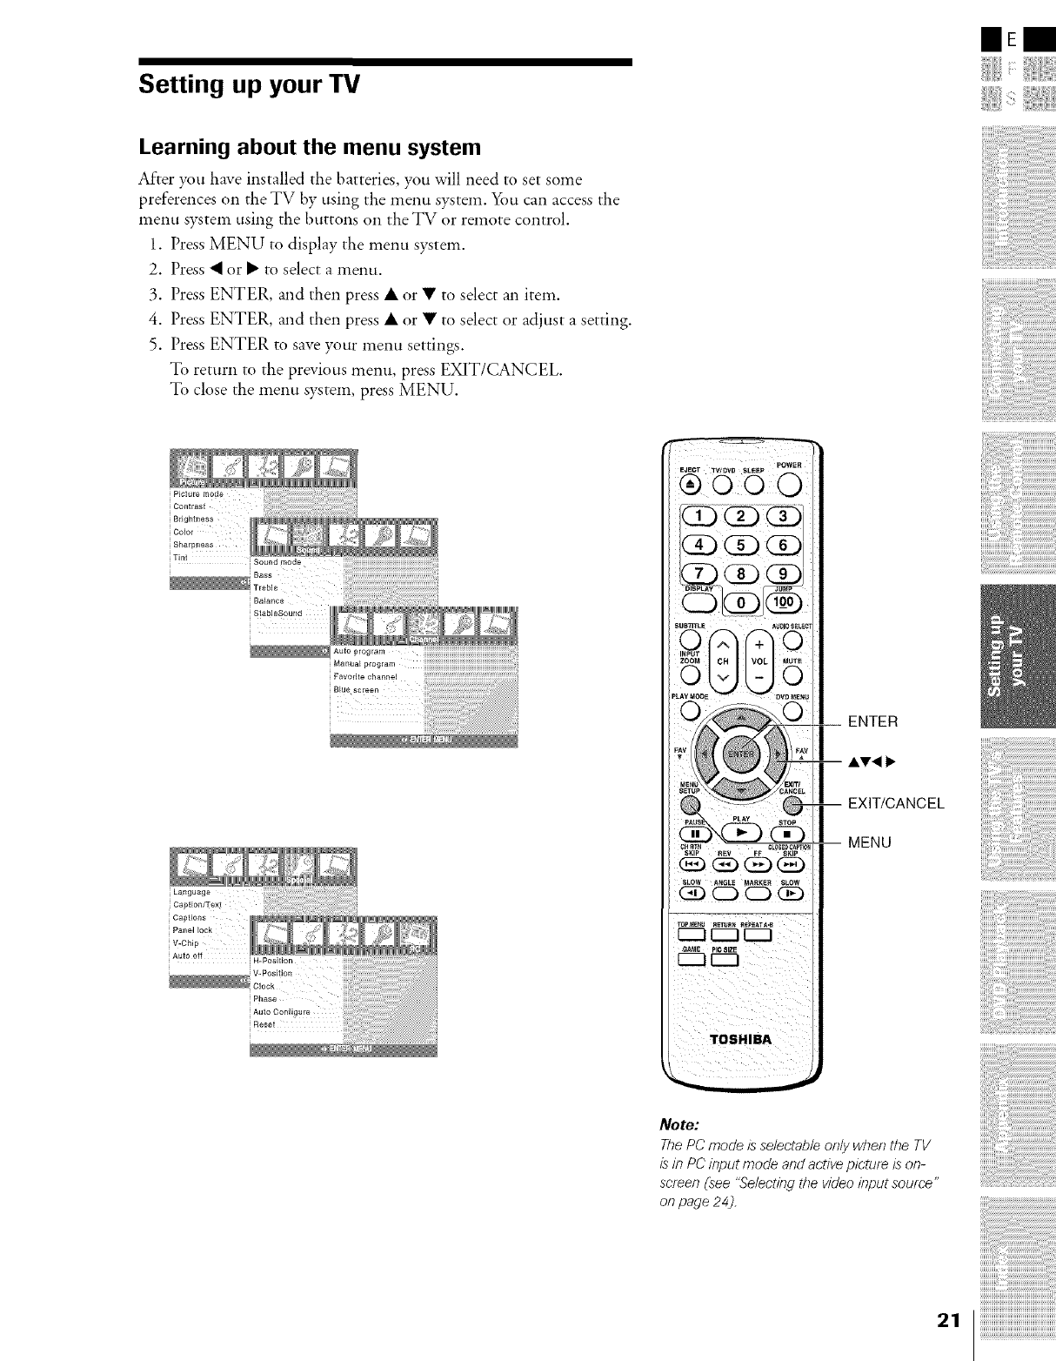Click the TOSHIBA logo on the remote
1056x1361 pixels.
(741, 1039)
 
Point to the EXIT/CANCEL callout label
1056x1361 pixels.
(895, 803)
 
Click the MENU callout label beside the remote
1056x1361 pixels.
(869, 842)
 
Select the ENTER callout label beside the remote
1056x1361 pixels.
(872, 721)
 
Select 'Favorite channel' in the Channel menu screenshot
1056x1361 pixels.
(365, 676)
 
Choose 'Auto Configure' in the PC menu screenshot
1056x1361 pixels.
(281, 1012)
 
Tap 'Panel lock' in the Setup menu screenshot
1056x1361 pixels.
(193, 930)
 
